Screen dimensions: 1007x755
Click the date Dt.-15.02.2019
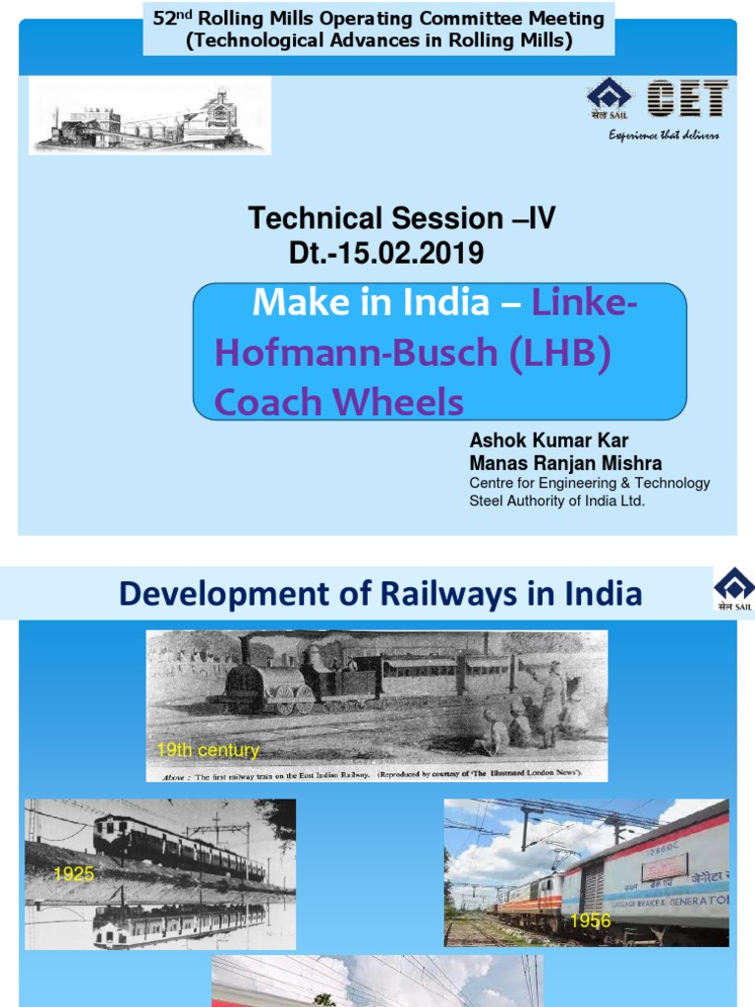click(x=386, y=254)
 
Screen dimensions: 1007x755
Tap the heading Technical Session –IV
click(x=401, y=218)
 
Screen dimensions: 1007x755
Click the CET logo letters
click(x=687, y=100)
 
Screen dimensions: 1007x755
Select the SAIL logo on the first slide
click(x=610, y=99)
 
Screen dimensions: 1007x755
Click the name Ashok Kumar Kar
click(x=549, y=441)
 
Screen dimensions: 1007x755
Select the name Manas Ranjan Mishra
click(x=565, y=463)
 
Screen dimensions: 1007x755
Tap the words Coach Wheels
click(x=338, y=401)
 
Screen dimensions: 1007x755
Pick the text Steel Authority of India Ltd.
click(x=556, y=501)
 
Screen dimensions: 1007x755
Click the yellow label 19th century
click(x=207, y=750)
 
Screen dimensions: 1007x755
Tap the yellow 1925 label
click(x=74, y=873)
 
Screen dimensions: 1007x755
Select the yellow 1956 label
click(x=590, y=920)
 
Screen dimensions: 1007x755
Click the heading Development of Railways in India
click(x=379, y=594)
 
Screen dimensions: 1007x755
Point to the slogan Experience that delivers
click(x=663, y=135)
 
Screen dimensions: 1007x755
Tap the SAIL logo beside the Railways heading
click(x=733, y=590)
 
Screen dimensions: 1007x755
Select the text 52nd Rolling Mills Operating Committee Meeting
click(x=378, y=18)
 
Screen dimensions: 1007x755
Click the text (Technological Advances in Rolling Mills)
click(x=378, y=40)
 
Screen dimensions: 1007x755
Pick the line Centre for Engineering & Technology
click(x=589, y=483)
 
